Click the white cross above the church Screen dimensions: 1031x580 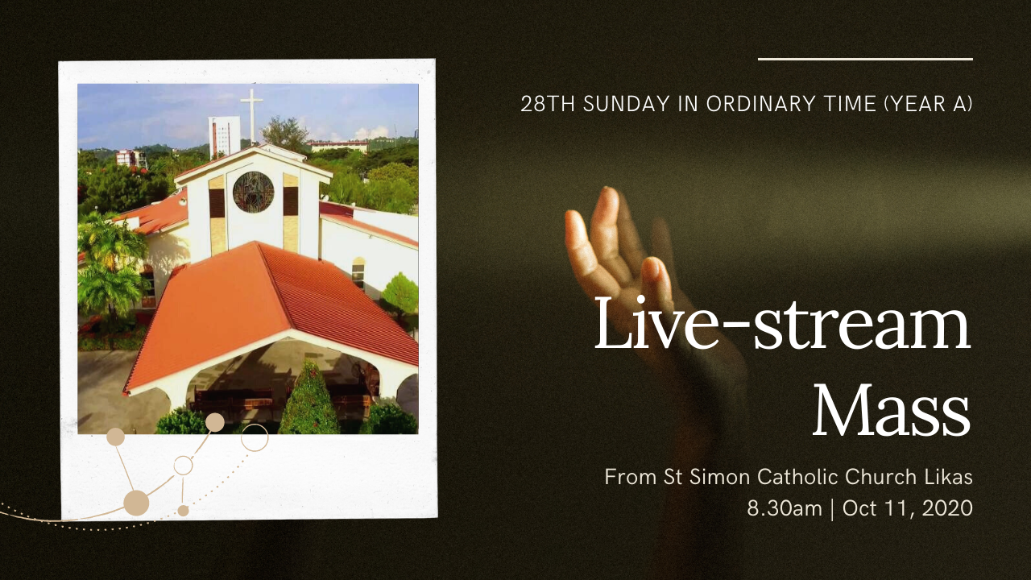[x=252, y=115]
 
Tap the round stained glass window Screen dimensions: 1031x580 [x=253, y=192]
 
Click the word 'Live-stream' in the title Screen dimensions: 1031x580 [x=782, y=323]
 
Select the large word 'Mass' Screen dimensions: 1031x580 [x=892, y=410]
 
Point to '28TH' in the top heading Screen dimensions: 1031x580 [x=547, y=104]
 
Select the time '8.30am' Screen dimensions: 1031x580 [x=785, y=508]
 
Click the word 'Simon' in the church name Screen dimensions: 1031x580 [x=719, y=477]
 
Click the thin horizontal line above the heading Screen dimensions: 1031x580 [x=865, y=59]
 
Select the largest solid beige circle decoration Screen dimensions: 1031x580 [x=136, y=503]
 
